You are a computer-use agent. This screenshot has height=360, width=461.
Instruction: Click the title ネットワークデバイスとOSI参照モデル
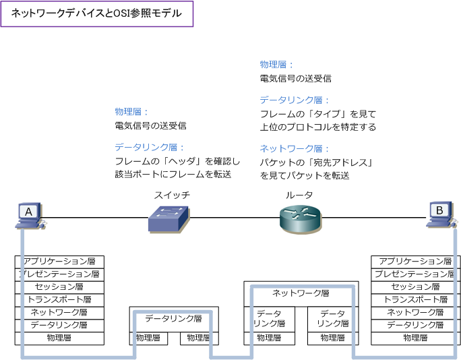click(97, 13)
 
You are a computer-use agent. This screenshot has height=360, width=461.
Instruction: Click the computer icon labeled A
click(29, 214)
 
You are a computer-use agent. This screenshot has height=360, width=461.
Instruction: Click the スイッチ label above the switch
click(172, 195)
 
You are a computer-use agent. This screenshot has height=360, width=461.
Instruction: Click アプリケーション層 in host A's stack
click(59, 262)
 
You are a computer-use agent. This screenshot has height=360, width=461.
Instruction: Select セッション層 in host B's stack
click(415, 287)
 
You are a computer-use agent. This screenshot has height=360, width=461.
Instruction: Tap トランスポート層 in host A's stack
click(59, 300)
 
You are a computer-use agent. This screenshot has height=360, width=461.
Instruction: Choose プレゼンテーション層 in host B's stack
click(415, 274)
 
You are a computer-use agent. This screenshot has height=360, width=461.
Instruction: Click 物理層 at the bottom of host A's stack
click(59, 338)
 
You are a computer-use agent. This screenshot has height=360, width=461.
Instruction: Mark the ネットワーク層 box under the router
click(301, 293)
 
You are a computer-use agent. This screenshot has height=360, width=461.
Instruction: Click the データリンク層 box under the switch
click(173, 319)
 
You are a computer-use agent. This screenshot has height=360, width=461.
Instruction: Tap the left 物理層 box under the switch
click(148, 338)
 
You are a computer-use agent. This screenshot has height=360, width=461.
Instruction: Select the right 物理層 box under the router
click(333, 338)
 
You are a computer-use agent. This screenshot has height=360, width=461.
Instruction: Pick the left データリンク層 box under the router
click(269, 319)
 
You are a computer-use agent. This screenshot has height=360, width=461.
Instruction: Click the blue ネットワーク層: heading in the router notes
click(286, 148)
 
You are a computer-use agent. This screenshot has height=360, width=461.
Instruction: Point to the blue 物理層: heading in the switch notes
click(131, 112)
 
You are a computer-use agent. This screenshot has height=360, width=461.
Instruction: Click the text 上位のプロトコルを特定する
click(318, 127)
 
